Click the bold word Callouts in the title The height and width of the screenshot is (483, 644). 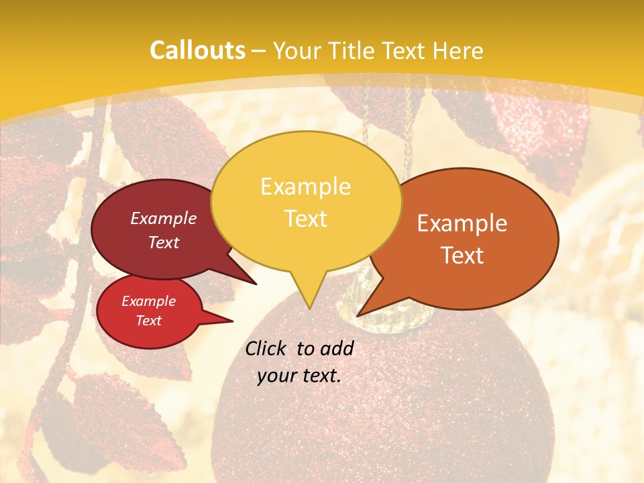click(197, 50)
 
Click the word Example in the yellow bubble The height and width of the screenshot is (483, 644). click(305, 186)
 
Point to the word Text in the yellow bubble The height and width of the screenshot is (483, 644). click(305, 219)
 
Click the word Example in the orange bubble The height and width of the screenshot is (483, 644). click(462, 223)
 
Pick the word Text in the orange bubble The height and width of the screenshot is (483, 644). click(462, 256)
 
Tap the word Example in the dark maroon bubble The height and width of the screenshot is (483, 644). click(164, 218)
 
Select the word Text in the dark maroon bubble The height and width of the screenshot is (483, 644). click(164, 242)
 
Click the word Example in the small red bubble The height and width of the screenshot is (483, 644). click(149, 301)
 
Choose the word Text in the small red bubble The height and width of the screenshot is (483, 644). click(149, 321)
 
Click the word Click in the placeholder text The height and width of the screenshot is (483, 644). click(266, 348)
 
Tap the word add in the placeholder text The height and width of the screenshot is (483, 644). click(337, 348)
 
